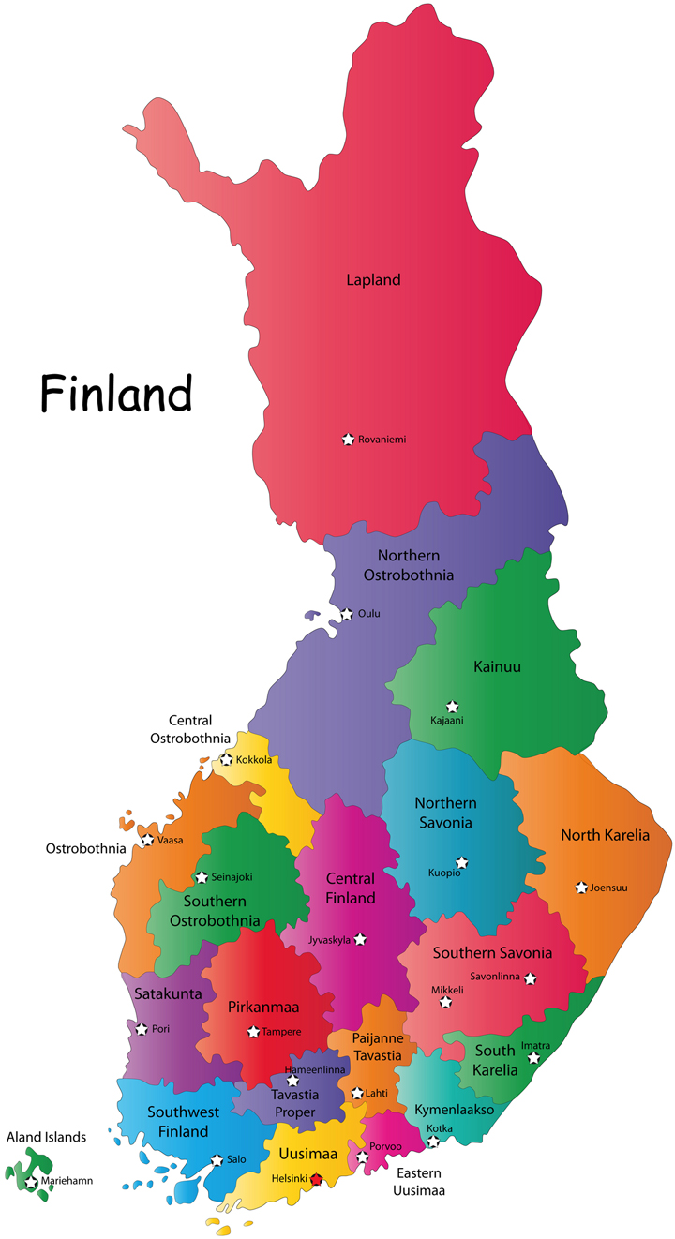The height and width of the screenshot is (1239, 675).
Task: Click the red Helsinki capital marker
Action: (317, 1179)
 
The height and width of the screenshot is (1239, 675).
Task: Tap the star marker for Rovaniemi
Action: (349, 439)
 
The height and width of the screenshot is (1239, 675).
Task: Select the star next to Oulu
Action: (347, 614)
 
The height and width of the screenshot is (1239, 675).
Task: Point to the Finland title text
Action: (115, 394)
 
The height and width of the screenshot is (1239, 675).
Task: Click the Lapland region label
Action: (373, 279)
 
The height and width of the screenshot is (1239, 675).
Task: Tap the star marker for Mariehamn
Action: (31, 1182)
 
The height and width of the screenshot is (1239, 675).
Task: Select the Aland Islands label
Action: (47, 1137)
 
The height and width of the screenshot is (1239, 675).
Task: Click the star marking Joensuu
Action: (582, 887)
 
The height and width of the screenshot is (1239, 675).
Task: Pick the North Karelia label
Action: (605, 835)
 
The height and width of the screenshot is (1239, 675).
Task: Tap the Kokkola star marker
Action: (226, 759)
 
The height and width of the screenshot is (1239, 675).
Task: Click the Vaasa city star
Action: (147, 840)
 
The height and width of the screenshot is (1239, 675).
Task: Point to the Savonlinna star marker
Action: (531, 978)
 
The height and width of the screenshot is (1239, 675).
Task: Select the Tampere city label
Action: (281, 1032)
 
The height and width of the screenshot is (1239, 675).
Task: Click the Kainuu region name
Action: (497, 667)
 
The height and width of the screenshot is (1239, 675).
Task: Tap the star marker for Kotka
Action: (433, 1142)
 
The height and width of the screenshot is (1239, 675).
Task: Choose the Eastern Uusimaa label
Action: (418, 1182)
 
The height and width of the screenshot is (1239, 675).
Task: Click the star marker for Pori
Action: (142, 1029)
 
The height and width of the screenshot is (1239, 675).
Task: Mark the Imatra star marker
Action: (534, 1058)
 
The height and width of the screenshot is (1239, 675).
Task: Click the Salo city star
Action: (217, 1159)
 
